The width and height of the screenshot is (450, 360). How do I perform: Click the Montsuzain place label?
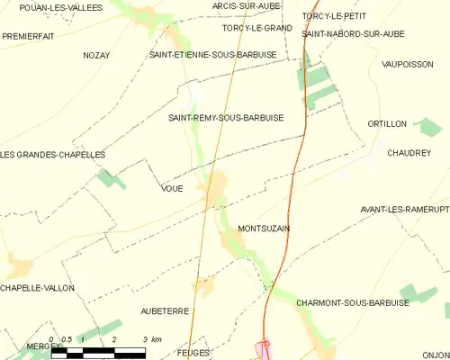tap(264, 229)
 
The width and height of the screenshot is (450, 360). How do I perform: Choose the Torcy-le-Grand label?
tap(257, 28)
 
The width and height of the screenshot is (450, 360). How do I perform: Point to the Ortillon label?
tap(388, 123)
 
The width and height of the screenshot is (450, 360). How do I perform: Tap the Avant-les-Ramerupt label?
tap(404, 210)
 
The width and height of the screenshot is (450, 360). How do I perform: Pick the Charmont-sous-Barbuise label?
tap(352, 303)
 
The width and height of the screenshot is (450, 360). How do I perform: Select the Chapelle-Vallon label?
tap(38, 288)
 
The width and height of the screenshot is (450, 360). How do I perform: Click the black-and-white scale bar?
tap(98, 351)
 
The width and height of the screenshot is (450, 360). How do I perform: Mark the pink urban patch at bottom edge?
tap(263, 349)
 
